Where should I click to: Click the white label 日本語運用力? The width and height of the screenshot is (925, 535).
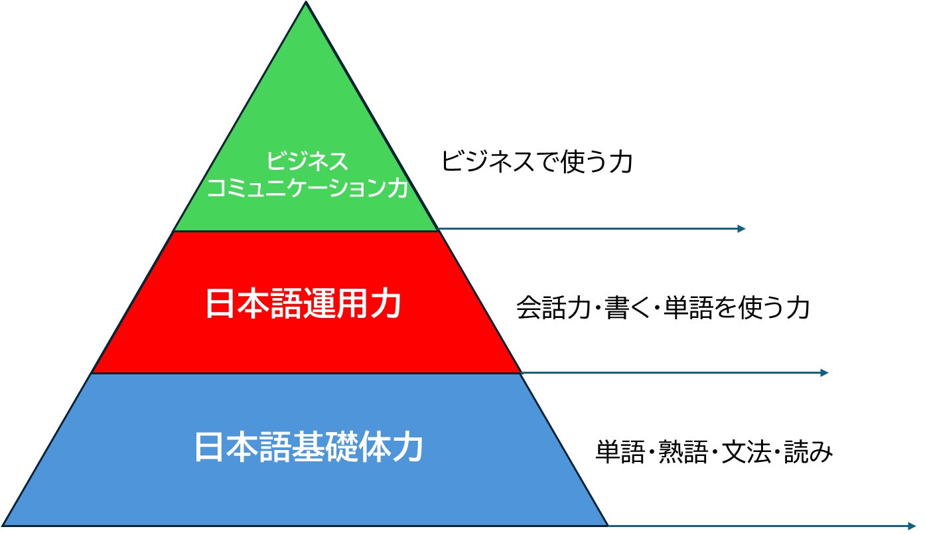(303, 305)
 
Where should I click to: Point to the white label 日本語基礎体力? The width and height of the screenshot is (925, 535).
(309, 447)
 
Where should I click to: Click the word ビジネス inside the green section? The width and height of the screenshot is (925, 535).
(307, 161)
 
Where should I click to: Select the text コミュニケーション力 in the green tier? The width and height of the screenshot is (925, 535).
(307, 188)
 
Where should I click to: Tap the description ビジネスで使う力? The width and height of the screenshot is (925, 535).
(537, 161)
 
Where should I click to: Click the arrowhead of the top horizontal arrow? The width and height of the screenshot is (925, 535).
(742, 229)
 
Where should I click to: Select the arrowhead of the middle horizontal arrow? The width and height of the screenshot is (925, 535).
(825, 373)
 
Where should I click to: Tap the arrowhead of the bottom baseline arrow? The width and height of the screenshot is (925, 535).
(911, 526)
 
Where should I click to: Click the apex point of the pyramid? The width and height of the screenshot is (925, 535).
(307, 3)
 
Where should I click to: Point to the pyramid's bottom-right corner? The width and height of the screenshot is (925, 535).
(607, 526)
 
